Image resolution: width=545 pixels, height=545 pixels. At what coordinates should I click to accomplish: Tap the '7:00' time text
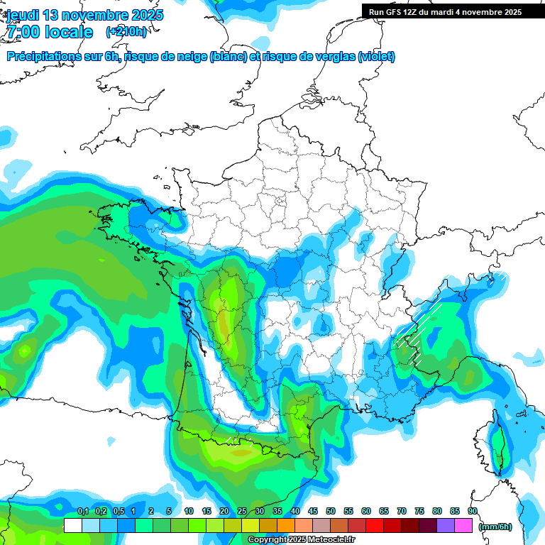23,32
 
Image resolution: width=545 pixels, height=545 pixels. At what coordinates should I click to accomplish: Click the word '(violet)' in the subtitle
376,57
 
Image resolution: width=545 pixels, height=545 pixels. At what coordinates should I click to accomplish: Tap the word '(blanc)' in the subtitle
228,57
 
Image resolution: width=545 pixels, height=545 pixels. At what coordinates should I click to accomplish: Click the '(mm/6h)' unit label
496,527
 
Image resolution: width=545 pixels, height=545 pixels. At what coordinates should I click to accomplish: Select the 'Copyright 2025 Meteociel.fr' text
302,540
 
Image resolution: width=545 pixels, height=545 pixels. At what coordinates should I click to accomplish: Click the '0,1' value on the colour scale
83,511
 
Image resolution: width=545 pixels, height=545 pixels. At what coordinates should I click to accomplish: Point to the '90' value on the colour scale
473,511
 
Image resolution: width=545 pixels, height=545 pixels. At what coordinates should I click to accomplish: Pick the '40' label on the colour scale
295,511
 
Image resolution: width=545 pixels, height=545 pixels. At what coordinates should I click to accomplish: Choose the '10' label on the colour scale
189,511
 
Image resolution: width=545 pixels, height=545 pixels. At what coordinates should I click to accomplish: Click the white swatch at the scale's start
72,526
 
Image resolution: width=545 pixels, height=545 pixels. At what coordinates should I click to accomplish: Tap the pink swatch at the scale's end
463,526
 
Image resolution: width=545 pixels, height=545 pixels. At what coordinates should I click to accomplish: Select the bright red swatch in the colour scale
375,526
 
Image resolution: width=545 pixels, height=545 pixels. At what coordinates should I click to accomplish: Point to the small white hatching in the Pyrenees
232,439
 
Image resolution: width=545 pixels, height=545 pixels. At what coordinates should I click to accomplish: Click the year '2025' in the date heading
147,15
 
